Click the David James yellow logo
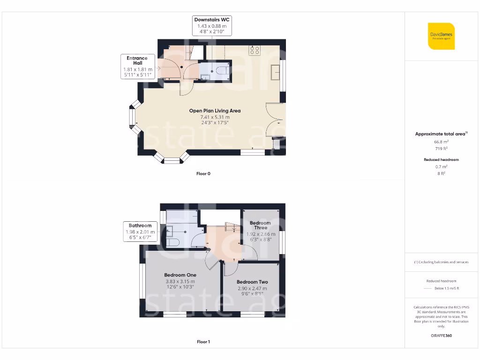point(441,36)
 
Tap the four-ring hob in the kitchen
point(255,50)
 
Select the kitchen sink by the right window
point(276,73)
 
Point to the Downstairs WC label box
point(212,26)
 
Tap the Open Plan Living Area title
point(215,111)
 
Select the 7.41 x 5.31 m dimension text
point(215,117)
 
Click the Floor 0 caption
point(203,173)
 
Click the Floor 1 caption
point(203,342)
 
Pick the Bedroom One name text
point(180,275)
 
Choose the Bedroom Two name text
point(252,282)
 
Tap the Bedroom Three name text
point(260,225)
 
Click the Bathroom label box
point(140,232)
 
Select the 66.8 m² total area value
point(441,141)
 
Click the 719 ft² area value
point(441,148)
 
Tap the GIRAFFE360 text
point(441,336)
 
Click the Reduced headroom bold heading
point(441,160)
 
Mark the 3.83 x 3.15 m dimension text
point(180,281)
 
